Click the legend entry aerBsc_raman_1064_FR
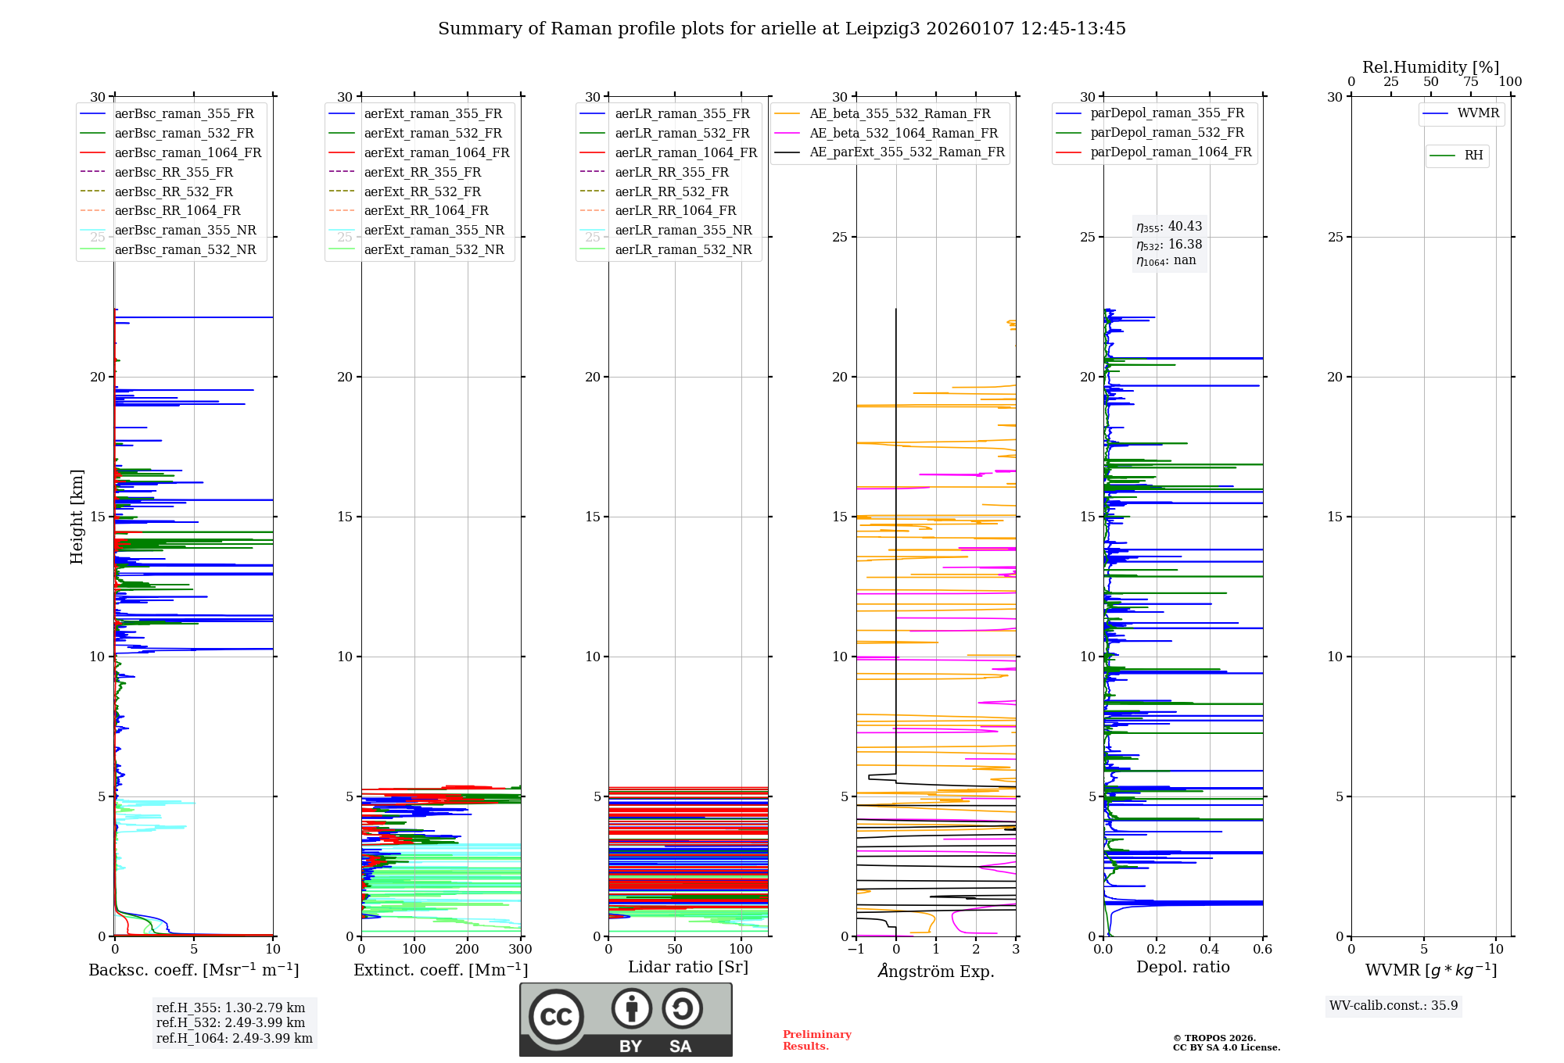coord(188,153)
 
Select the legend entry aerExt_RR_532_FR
coord(422,191)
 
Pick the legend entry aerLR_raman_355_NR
coord(683,231)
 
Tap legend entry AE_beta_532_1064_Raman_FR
coord(903,134)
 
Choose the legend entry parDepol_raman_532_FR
coord(1167,133)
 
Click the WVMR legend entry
coord(1478,113)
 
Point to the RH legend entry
coord(1473,156)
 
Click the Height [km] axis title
coord(77,517)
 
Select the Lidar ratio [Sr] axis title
coord(688,967)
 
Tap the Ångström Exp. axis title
coord(936,972)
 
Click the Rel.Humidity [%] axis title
coord(1431,67)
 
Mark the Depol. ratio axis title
coord(1183,968)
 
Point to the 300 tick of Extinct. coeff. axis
coord(521,950)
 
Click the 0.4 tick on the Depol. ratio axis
coord(1210,950)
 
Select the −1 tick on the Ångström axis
coord(856,950)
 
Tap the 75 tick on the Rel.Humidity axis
coord(1471,82)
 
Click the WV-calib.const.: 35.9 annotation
coord(1394,1006)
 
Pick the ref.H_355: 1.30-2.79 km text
coord(231,1008)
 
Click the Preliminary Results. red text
coord(817,1040)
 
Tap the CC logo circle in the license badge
coord(556,1017)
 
